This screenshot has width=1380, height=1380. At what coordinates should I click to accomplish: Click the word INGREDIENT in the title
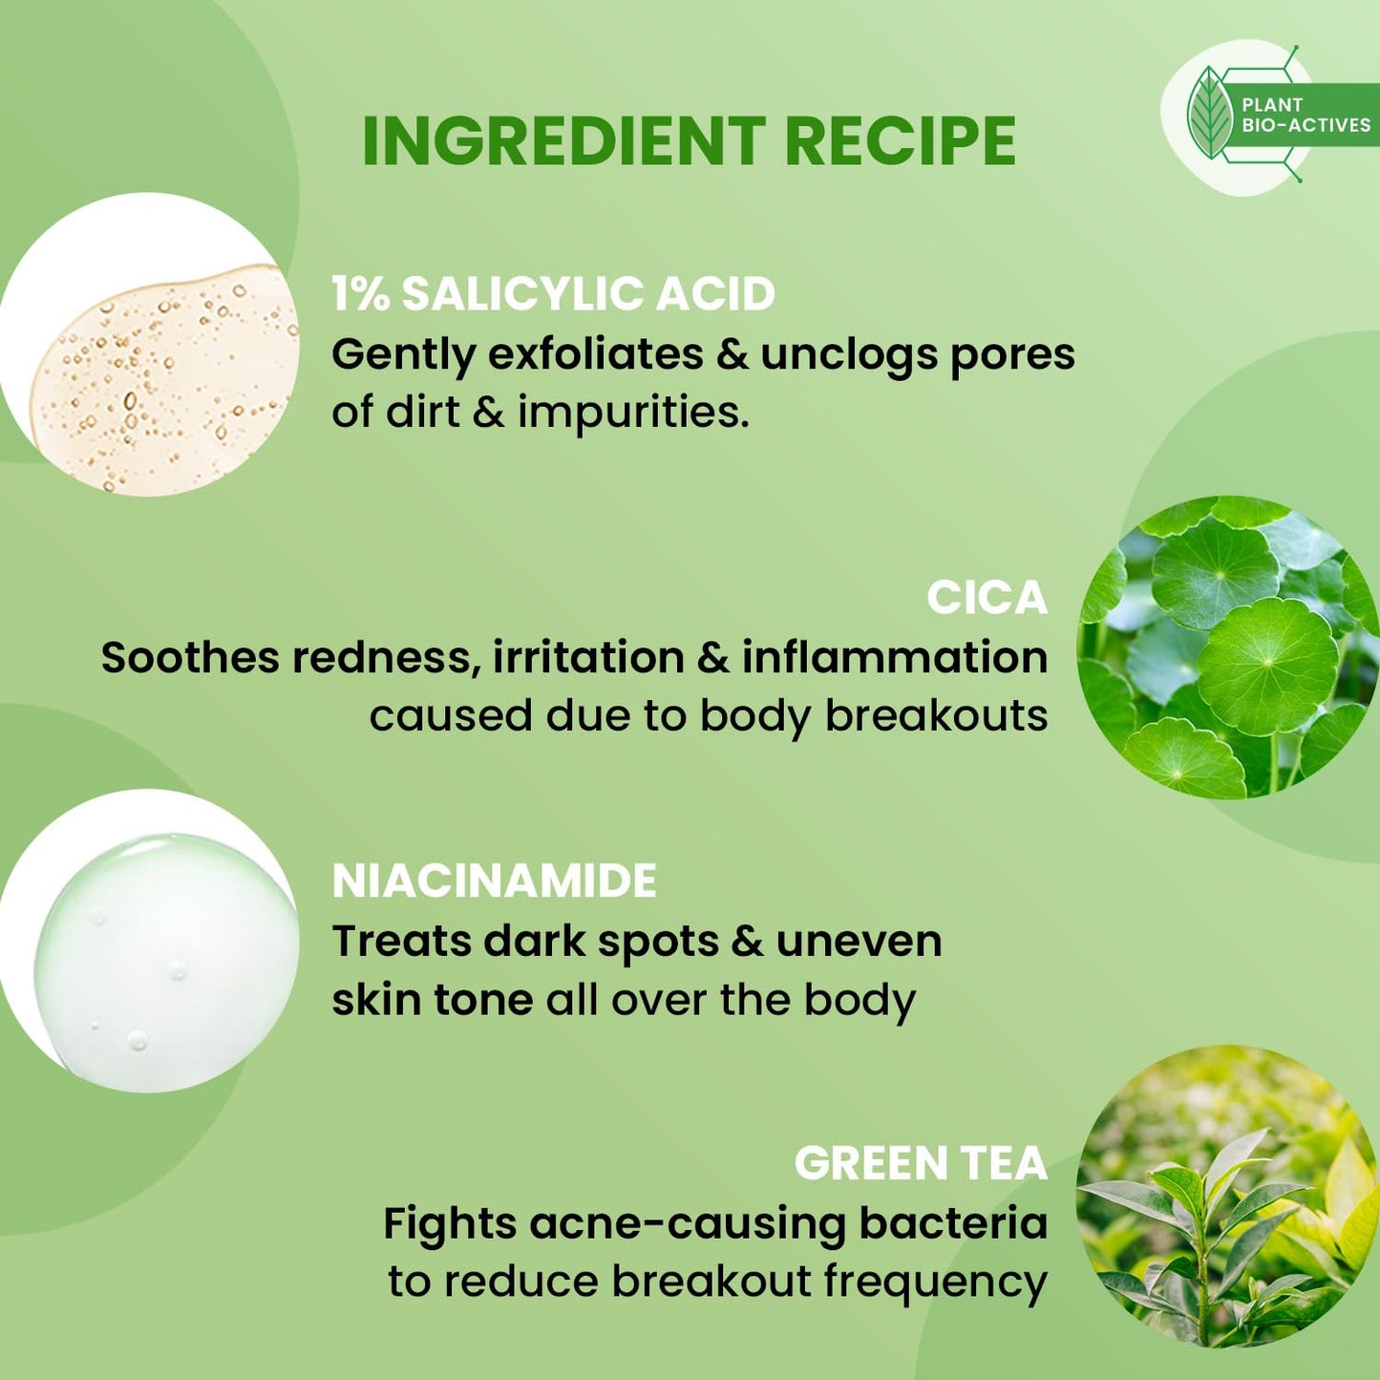click(x=563, y=141)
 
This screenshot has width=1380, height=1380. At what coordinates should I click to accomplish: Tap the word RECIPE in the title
click(x=900, y=141)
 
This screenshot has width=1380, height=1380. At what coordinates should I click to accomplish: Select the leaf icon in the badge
click(x=1210, y=114)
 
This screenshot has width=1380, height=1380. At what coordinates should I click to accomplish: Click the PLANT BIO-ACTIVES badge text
click(x=1305, y=115)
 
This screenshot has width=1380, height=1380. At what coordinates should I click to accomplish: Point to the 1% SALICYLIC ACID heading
click(x=553, y=293)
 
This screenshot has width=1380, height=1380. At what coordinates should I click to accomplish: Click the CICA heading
click(x=987, y=598)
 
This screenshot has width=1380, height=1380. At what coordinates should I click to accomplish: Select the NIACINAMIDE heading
click(x=494, y=881)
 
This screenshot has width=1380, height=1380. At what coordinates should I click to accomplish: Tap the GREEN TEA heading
click(x=921, y=1163)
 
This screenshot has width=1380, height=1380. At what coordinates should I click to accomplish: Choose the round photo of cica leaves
click(x=1227, y=647)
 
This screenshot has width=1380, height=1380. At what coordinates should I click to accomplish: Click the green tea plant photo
click(x=1227, y=1196)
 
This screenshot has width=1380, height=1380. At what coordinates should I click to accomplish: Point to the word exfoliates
click(x=595, y=354)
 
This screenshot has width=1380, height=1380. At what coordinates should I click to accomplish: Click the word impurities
click(x=632, y=414)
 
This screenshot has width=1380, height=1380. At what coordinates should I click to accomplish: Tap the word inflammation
click(x=895, y=657)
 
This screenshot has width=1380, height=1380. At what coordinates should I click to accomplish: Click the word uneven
click(x=859, y=942)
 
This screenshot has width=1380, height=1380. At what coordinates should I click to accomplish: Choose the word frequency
click(x=935, y=1283)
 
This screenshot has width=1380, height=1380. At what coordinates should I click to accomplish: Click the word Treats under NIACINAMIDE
click(x=401, y=942)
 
